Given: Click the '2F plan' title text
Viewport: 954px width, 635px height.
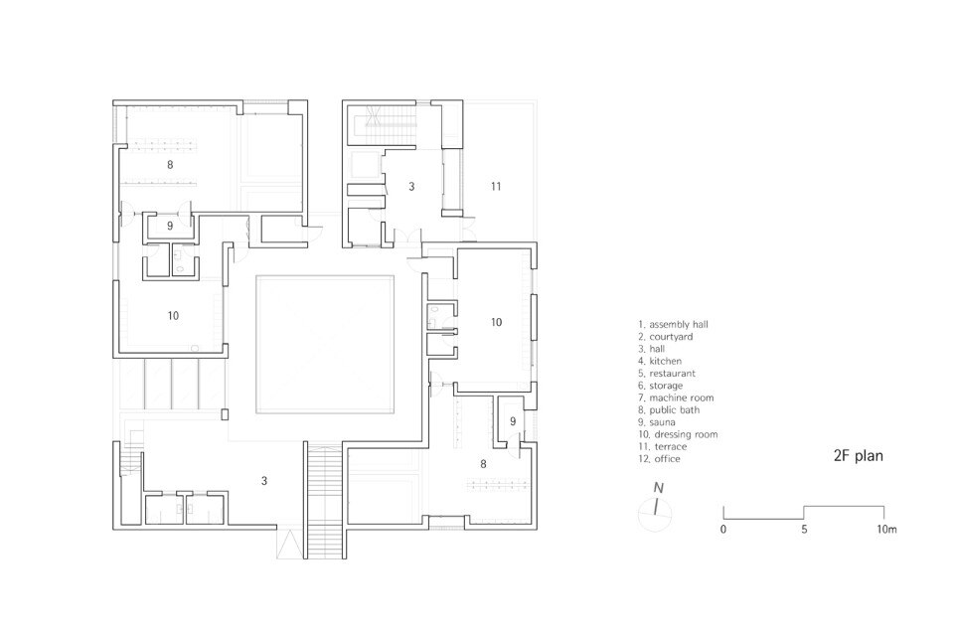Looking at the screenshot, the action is (x=858, y=455).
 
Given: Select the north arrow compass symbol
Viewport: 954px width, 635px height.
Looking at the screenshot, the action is (x=655, y=507).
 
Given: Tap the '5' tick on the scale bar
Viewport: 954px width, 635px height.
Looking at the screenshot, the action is (x=804, y=529).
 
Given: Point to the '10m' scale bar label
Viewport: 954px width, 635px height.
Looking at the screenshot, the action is (x=886, y=529).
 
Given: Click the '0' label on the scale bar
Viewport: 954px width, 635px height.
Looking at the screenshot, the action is (x=722, y=529).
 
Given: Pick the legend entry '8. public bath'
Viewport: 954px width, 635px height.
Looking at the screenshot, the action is (x=669, y=410).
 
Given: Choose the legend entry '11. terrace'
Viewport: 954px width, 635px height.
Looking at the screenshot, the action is (x=662, y=446).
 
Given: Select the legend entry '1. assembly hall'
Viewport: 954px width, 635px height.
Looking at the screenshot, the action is (x=673, y=325).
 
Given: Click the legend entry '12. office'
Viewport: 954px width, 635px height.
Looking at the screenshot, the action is (x=659, y=459).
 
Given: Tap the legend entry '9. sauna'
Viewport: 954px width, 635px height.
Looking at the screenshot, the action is (x=657, y=422).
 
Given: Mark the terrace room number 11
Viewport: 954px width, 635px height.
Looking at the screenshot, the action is (x=496, y=186).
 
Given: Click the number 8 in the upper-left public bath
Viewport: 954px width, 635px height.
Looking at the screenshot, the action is (x=170, y=164).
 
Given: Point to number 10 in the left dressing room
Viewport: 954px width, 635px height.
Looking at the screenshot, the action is (x=173, y=316).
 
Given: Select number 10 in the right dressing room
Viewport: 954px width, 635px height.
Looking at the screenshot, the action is (x=497, y=322).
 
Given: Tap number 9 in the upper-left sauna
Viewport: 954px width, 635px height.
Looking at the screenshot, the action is (x=170, y=226).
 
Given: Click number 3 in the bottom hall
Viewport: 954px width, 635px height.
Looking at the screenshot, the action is (x=264, y=481).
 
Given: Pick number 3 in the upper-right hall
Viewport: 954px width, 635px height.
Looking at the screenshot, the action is (x=411, y=186).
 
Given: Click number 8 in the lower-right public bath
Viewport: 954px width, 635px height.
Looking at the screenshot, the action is (x=483, y=464).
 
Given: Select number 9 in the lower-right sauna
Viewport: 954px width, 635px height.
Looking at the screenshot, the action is (x=513, y=421).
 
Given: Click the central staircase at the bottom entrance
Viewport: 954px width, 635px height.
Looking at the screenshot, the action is (x=325, y=501).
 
